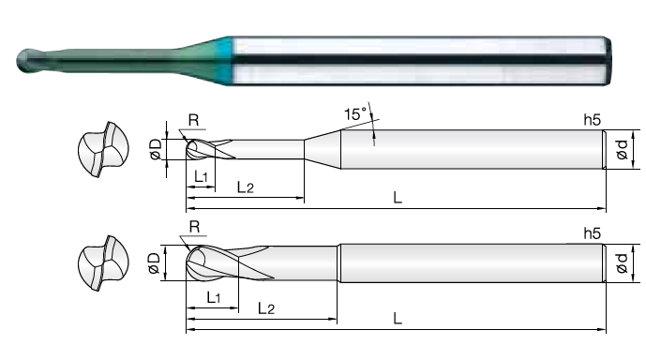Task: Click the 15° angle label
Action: [355, 113]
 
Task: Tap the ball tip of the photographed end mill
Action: [28, 61]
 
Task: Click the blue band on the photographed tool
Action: [225, 61]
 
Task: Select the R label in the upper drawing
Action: [194, 120]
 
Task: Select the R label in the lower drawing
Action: [194, 227]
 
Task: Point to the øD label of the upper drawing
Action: [156, 149]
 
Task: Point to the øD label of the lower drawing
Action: [154, 263]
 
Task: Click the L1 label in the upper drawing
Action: [201, 176]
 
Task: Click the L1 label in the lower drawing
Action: [214, 297]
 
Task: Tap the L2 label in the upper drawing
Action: [246, 187]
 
